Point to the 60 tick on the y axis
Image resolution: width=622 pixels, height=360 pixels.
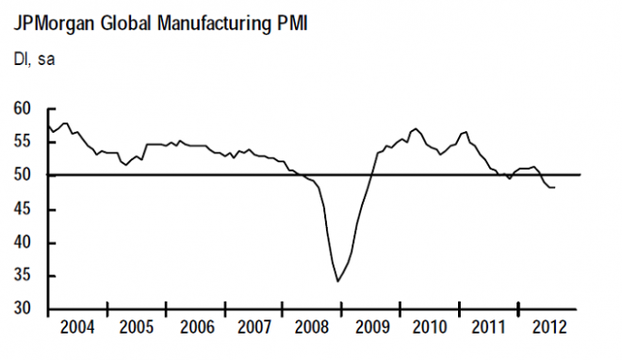click(24, 108)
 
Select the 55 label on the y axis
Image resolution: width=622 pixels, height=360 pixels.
click(24, 141)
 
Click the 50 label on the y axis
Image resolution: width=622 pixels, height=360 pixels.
click(24, 175)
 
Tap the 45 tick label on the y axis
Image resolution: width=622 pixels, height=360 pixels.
click(24, 209)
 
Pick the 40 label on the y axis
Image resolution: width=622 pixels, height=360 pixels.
click(24, 242)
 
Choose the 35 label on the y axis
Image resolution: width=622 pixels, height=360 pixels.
click(24, 276)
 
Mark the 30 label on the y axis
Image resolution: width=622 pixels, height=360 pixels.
click(24, 310)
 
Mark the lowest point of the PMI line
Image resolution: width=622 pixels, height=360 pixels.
click(338, 281)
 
